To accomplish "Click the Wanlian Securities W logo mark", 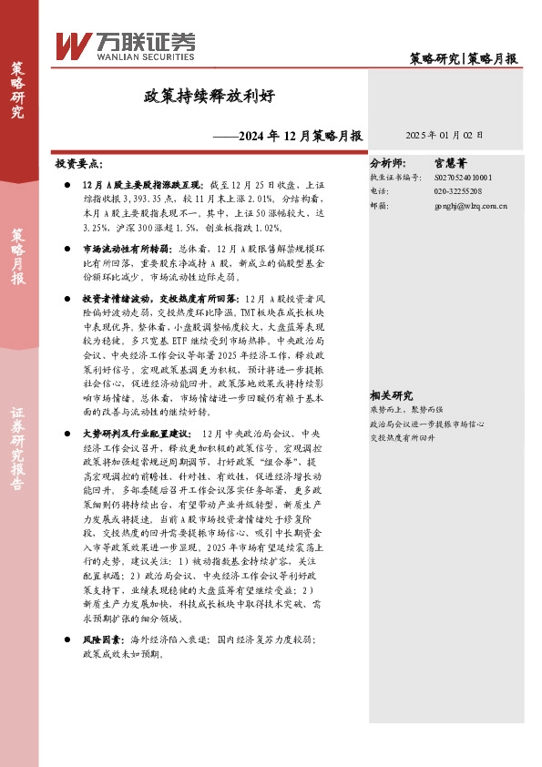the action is coord(72,45).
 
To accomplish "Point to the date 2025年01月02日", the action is coord(445,135).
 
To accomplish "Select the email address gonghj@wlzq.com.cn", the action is coord(471,207).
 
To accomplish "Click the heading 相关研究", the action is coord(392,370).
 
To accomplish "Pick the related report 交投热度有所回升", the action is coord(406,412).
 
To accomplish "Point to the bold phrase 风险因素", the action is coord(99,641).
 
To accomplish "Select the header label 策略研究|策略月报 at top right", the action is coord(463,58).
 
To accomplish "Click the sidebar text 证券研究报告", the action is coord(18,436).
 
